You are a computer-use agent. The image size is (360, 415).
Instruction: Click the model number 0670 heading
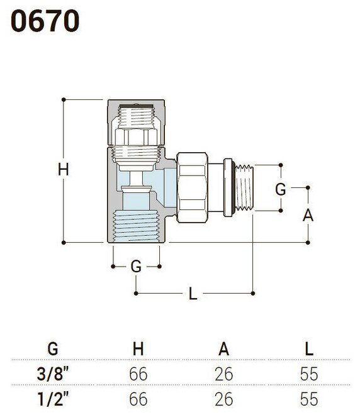point(45,21)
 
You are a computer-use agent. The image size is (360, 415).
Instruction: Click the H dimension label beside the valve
point(64,169)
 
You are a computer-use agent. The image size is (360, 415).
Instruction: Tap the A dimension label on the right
point(308,215)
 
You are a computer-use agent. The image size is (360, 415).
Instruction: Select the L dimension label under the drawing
point(193,293)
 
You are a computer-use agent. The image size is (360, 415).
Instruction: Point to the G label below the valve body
point(136,266)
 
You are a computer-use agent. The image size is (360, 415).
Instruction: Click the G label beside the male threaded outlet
point(281,189)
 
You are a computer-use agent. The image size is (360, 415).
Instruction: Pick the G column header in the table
point(53,349)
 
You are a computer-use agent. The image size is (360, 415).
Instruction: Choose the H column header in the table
point(138,349)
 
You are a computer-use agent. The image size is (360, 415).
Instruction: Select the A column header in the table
point(224,349)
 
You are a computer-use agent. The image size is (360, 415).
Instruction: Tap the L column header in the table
point(310,349)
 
